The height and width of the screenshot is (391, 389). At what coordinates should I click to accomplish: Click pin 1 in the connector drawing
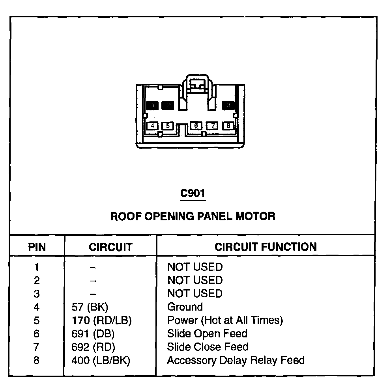click(152, 105)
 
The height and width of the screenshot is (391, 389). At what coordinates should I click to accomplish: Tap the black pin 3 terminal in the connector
click(228, 105)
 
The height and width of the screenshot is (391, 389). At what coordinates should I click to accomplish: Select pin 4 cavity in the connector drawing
click(152, 126)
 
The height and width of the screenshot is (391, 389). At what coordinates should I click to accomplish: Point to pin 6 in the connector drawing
click(196, 126)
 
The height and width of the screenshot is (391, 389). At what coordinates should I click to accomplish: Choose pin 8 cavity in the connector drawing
click(228, 126)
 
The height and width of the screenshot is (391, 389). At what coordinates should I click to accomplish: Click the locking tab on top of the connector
click(196, 84)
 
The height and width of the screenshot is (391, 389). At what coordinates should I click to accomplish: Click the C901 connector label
click(193, 194)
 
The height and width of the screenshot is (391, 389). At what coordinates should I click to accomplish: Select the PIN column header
click(37, 247)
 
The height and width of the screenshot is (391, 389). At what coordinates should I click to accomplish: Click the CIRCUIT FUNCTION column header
click(266, 247)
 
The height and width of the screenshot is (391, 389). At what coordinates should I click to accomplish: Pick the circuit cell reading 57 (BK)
click(90, 307)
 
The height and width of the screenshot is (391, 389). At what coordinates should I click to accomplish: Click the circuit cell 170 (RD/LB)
click(101, 320)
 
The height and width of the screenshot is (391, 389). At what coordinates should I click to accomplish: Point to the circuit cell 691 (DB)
click(93, 334)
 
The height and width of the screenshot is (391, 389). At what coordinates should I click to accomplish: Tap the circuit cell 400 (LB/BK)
click(101, 361)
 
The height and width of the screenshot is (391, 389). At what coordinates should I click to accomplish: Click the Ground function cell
click(185, 307)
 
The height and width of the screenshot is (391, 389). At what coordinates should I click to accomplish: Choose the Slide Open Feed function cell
click(207, 333)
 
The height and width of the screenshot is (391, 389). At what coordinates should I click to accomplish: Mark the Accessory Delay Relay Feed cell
click(236, 360)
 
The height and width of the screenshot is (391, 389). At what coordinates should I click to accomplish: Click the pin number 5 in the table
click(37, 320)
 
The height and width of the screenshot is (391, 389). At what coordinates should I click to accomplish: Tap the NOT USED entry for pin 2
click(195, 280)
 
